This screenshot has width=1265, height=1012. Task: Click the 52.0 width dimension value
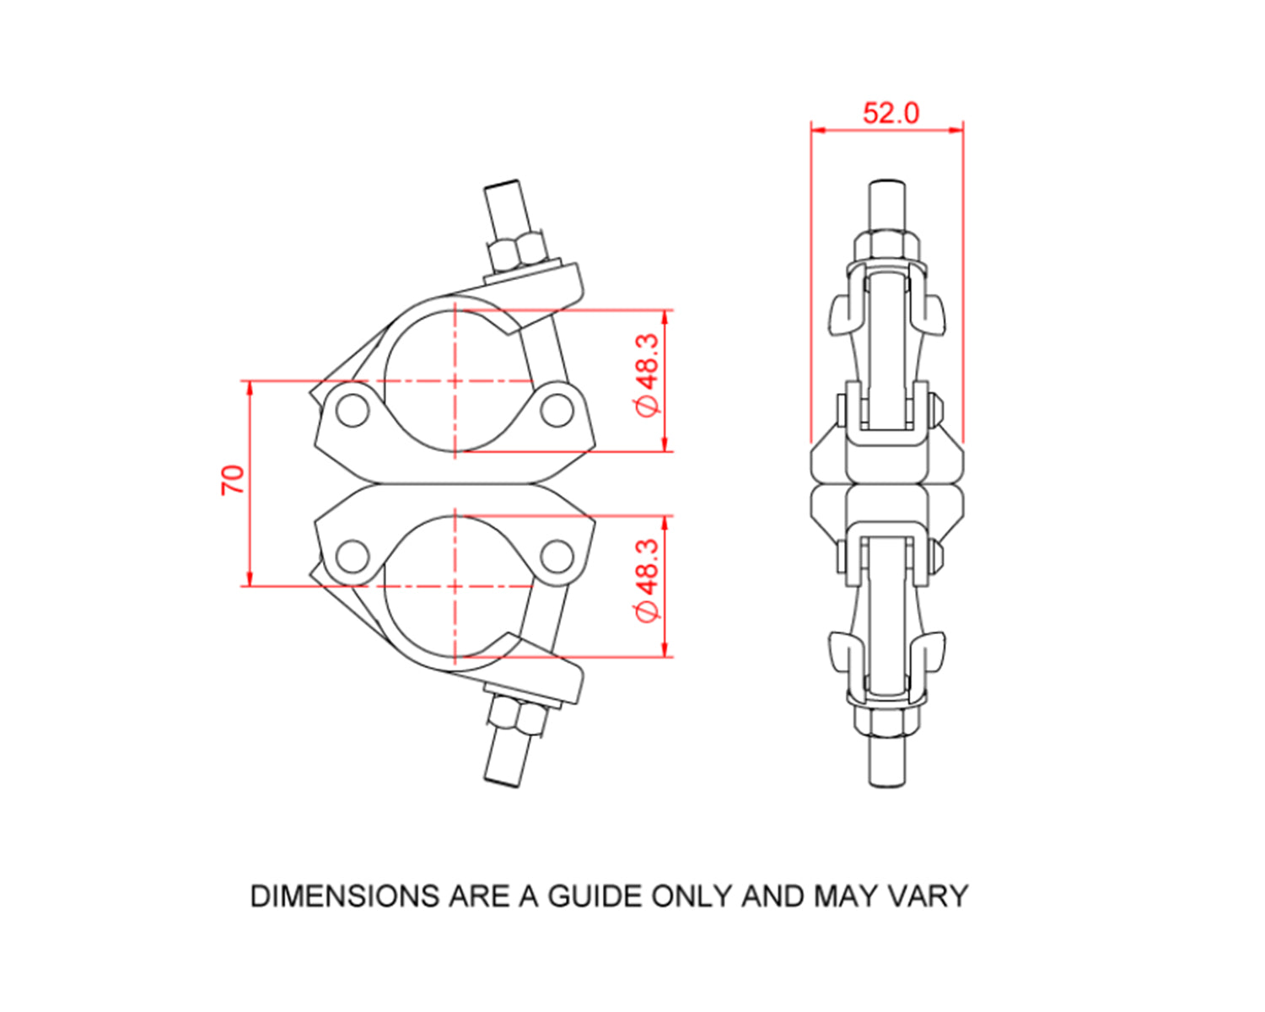[890, 112]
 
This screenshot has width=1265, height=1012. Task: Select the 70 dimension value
[233, 480]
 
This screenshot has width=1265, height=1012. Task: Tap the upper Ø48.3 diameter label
[647, 374]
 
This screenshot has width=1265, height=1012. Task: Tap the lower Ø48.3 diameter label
[647, 581]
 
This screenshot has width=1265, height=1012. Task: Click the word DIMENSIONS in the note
[345, 896]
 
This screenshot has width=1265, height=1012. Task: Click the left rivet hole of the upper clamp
[351, 411]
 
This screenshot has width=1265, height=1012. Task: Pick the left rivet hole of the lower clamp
[351, 557]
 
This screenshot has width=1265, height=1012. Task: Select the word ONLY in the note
[692, 896]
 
